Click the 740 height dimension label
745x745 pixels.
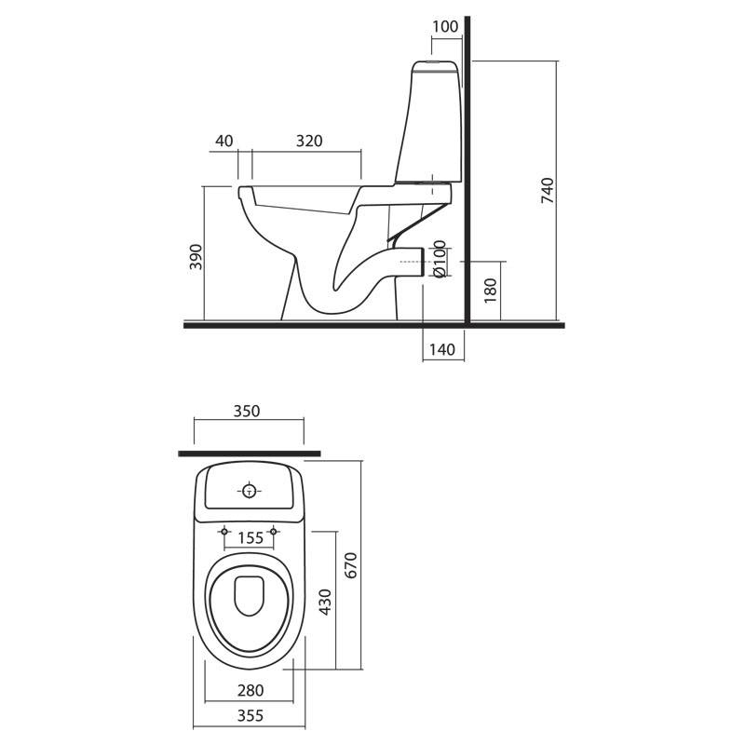pyautogui.click(x=548, y=191)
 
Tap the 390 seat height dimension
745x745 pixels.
pyautogui.click(x=196, y=257)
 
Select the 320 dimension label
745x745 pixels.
pyautogui.click(x=309, y=142)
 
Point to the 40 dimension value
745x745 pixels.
pyautogui.click(x=224, y=142)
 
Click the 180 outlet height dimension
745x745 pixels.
pyautogui.click(x=490, y=291)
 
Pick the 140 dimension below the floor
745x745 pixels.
pyautogui.click(x=441, y=350)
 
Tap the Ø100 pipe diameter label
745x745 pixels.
pyautogui.click(x=440, y=259)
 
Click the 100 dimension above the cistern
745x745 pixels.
pyautogui.click(x=445, y=27)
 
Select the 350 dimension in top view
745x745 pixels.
pyautogui.click(x=247, y=411)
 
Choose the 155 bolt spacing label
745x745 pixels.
pyautogui.click(x=251, y=538)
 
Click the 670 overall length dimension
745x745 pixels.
pyautogui.click(x=351, y=565)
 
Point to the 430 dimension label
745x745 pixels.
pyautogui.click(x=325, y=602)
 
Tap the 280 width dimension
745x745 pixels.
pyautogui.click(x=251, y=690)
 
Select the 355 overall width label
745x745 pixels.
pyautogui.click(x=250, y=715)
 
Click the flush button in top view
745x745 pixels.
pyautogui.click(x=249, y=492)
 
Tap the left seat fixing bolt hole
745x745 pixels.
pyautogui.click(x=224, y=531)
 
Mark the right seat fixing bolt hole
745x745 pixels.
pyautogui.click(x=273, y=531)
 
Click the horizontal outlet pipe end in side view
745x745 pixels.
pyautogui.click(x=423, y=262)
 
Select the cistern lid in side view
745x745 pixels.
pyautogui.click(x=435, y=67)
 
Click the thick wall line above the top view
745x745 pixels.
pyautogui.click(x=250, y=454)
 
